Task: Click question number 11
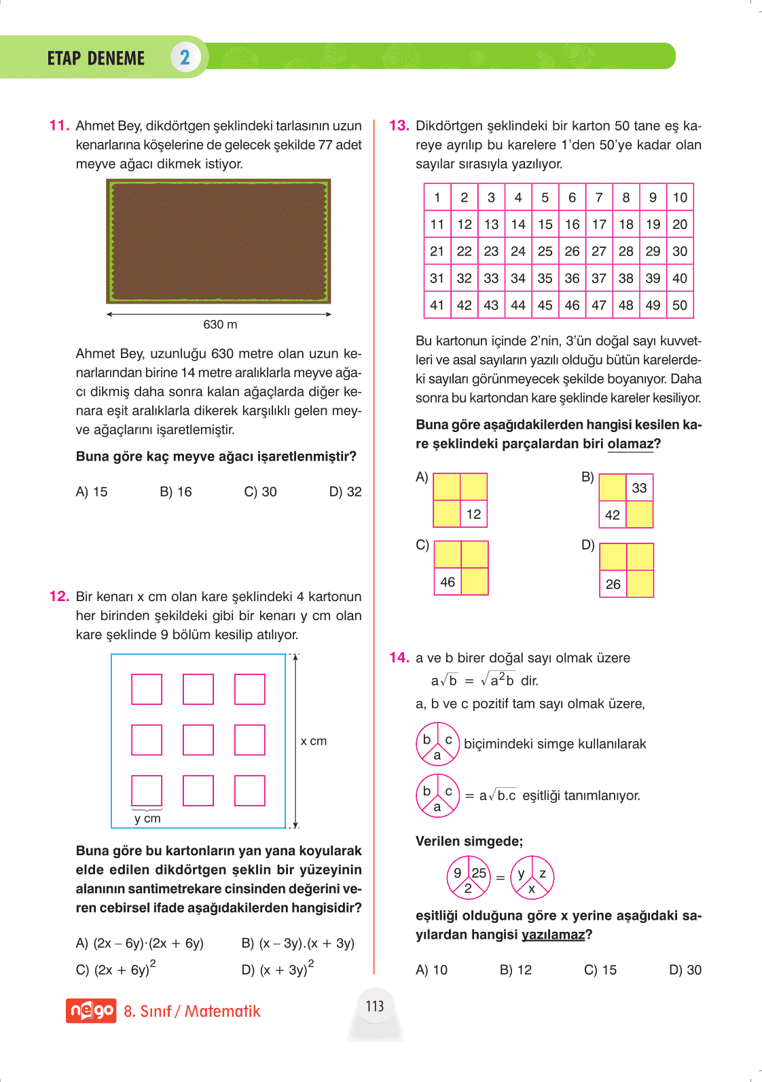point(59,126)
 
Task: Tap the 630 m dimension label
point(220,325)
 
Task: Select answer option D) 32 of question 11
point(345,492)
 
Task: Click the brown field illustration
point(219,241)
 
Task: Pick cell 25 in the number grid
point(545,251)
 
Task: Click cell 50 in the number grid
point(679,305)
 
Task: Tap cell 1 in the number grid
point(437,198)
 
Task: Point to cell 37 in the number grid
point(598,278)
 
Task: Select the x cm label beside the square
point(313,741)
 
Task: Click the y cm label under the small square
point(147,818)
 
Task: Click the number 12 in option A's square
point(473,514)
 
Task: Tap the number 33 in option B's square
point(639,488)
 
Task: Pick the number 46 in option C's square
point(448,582)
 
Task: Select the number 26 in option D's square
point(613,584)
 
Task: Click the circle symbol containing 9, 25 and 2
point(468,877)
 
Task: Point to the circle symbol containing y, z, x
point(532,877)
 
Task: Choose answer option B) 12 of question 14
point(515,970)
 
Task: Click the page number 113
point(375,1006)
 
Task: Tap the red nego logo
point(91,1011)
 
